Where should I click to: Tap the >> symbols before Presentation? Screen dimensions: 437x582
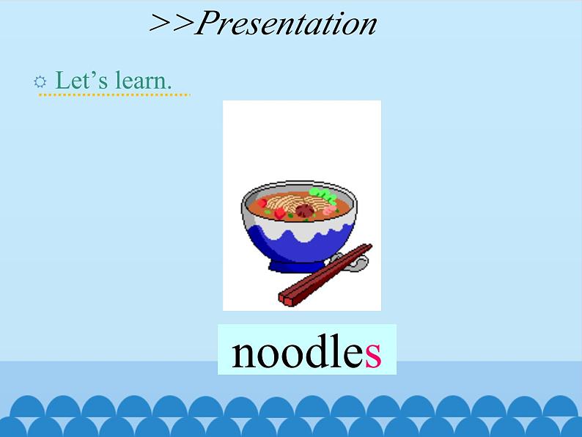point(171,24)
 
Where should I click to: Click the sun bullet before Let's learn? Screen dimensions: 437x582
point(40,82)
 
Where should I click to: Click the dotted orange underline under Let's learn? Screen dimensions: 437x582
point(114,95)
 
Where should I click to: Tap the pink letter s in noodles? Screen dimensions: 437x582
point(373,353)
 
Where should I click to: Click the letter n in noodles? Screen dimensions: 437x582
point(243,354)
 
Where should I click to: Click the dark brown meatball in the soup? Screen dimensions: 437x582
point(303,211)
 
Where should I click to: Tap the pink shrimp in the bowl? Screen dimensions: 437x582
point(330,208)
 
